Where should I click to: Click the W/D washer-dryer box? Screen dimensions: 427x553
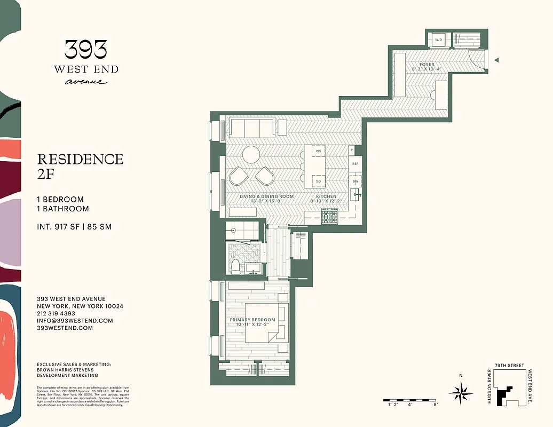coord(439,39)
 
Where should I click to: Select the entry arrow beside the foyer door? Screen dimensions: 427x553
coord(496,60)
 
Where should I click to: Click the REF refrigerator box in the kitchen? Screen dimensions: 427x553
coord(355,164)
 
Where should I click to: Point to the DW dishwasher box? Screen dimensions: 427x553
coord(355,181)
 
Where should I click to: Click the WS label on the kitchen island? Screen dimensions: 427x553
coord(318,152)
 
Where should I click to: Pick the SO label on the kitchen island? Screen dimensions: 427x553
coord(318,181)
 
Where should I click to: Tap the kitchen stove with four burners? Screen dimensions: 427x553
coord(329,216)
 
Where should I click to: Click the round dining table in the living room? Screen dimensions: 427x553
coord(251,155)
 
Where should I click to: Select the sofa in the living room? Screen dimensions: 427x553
coord(251,128)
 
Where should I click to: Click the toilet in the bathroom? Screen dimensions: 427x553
coord(235,265)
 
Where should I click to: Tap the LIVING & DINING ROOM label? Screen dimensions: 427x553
coord(266,196)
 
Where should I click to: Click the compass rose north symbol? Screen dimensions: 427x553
coord(461,393)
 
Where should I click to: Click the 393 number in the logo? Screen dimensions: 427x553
coord(85,50)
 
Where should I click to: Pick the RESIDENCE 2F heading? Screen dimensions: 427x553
coord(80,166)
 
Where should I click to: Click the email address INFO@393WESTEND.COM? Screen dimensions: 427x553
coord(75,321)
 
